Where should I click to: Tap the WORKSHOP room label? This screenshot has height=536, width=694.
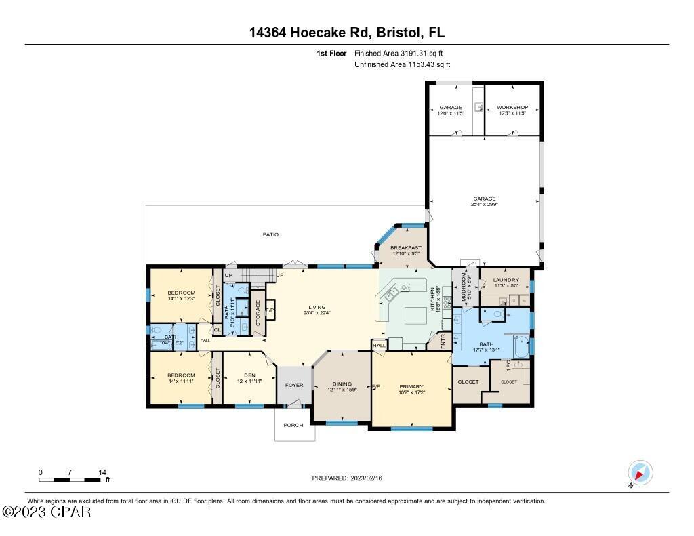(512, 108)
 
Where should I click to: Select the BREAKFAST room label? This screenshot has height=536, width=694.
(405, 248)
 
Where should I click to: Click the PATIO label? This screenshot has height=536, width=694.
(270, 234)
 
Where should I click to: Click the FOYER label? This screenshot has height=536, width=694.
(293, 385)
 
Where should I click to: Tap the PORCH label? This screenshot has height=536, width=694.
(293, 426)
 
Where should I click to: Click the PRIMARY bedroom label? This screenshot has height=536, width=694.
(411, 387)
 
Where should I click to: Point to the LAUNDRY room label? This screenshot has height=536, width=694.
(506, 280)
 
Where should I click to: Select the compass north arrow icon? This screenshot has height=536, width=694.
(640, 472)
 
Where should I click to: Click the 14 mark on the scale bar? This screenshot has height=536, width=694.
(102, 472)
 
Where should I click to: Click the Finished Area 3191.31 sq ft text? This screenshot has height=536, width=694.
(399, 53)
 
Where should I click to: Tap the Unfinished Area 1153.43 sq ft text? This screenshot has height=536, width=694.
(402, 65)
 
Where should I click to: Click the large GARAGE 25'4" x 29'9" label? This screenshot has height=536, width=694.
(485, 199)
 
